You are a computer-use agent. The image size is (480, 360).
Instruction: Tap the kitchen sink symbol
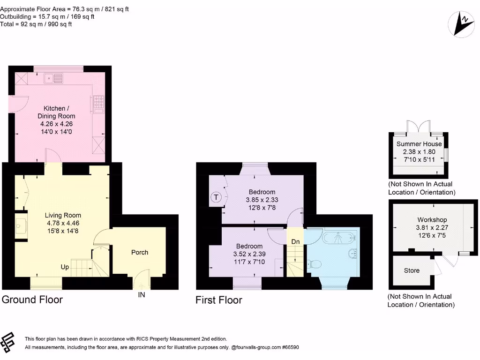pos(53,78)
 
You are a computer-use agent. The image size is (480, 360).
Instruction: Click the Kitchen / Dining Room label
pos(56,112)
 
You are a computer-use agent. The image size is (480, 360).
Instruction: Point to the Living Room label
pos(63,215)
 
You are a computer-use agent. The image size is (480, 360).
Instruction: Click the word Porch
pos(140,252)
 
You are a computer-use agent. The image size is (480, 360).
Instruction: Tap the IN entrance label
pos(141,295)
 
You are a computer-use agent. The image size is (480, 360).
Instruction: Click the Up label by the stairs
pos(65,267)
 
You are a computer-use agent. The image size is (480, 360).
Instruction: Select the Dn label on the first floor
pos(295,241)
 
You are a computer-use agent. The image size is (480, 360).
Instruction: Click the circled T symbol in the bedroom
pos(216,197)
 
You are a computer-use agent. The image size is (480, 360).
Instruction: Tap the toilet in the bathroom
pos(314,265)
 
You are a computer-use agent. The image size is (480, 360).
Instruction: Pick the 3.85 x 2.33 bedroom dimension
pos(262,200)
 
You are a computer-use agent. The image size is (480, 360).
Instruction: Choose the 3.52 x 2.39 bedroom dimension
pos(249,254)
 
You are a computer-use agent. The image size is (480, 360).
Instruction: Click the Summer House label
pos(419,144)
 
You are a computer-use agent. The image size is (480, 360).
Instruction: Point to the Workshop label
pos(432,219)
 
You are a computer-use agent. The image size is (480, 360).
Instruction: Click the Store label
pos(412,270)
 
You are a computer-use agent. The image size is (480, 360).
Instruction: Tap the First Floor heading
pos(219,300)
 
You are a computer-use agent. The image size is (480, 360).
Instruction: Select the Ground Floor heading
pos(32,300)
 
